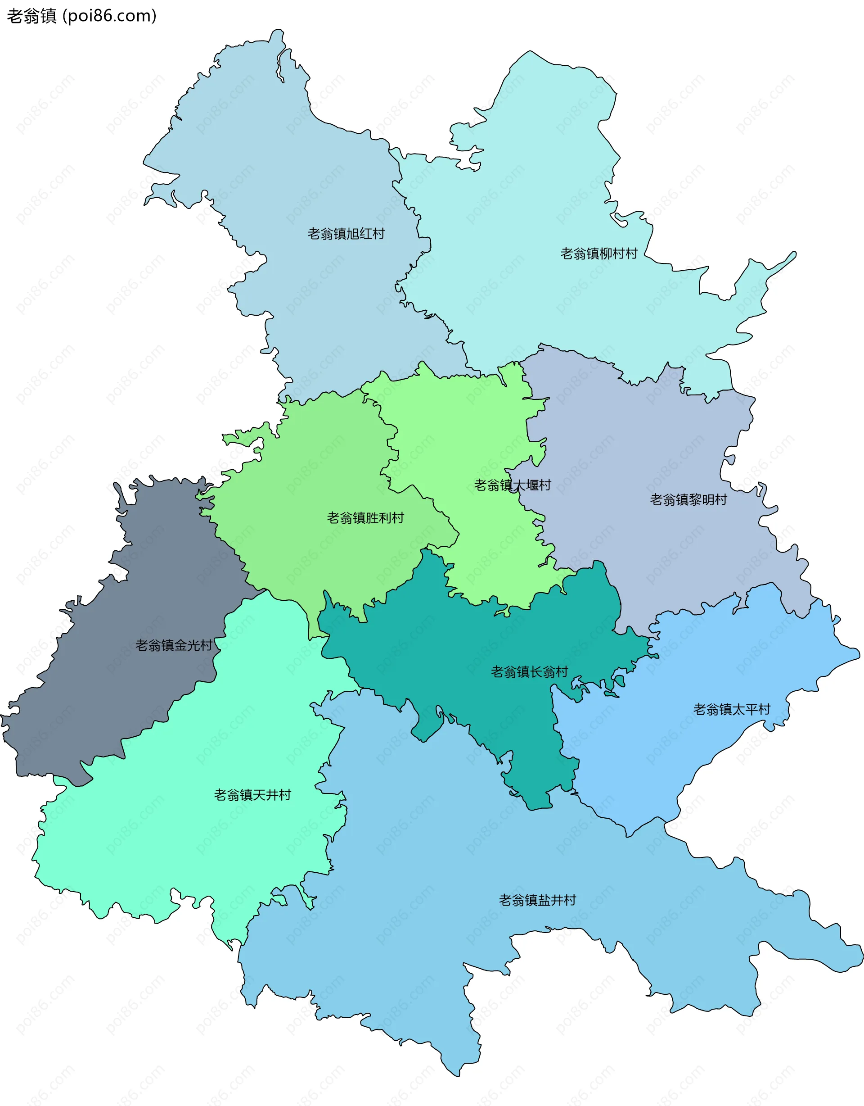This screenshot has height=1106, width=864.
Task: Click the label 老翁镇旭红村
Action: pos(346,234)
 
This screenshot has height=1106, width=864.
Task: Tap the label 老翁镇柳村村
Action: pos(599,254)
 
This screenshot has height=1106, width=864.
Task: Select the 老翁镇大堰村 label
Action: pos(512,485)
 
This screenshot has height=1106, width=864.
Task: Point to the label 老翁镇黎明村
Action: pos(688,500)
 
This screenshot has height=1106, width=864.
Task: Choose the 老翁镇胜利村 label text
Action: pos(365,518)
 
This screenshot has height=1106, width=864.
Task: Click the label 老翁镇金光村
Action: pos(173,645)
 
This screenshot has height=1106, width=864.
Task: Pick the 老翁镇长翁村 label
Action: pos(530,672)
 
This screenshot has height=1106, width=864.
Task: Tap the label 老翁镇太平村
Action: pos(731,709)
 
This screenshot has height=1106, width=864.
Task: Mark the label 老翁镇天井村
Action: pos(252,795)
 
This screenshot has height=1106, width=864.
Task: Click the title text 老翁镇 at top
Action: pos(31,16)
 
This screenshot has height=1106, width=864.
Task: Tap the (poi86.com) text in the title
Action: pos(109,16)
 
